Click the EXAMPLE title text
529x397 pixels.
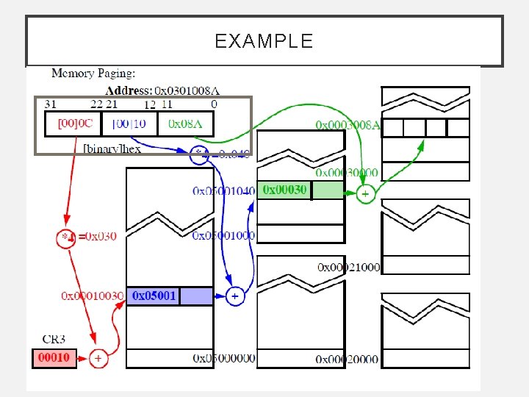[x=264, y=40]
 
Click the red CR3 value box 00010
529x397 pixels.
[x=54, y=358]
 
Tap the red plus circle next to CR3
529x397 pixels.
[x=98, y=359]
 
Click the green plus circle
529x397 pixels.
[x=365, y=194]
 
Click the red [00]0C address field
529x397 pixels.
[x=73, y=124]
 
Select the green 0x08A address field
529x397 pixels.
[x=185, y=124]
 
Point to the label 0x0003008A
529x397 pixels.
[x=348, y=124]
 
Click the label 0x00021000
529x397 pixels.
[x=348, y=267]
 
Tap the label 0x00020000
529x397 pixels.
[x=347, y=359]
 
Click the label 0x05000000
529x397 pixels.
[x=224, y=358]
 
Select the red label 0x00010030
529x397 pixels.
[x=92, y=296]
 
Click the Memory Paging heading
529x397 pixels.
[x=93, y=74]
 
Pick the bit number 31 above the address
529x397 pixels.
[x=51, y=104]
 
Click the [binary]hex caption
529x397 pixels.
[x=112, y=149]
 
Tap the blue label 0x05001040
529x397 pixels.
[x=223, y=191]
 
